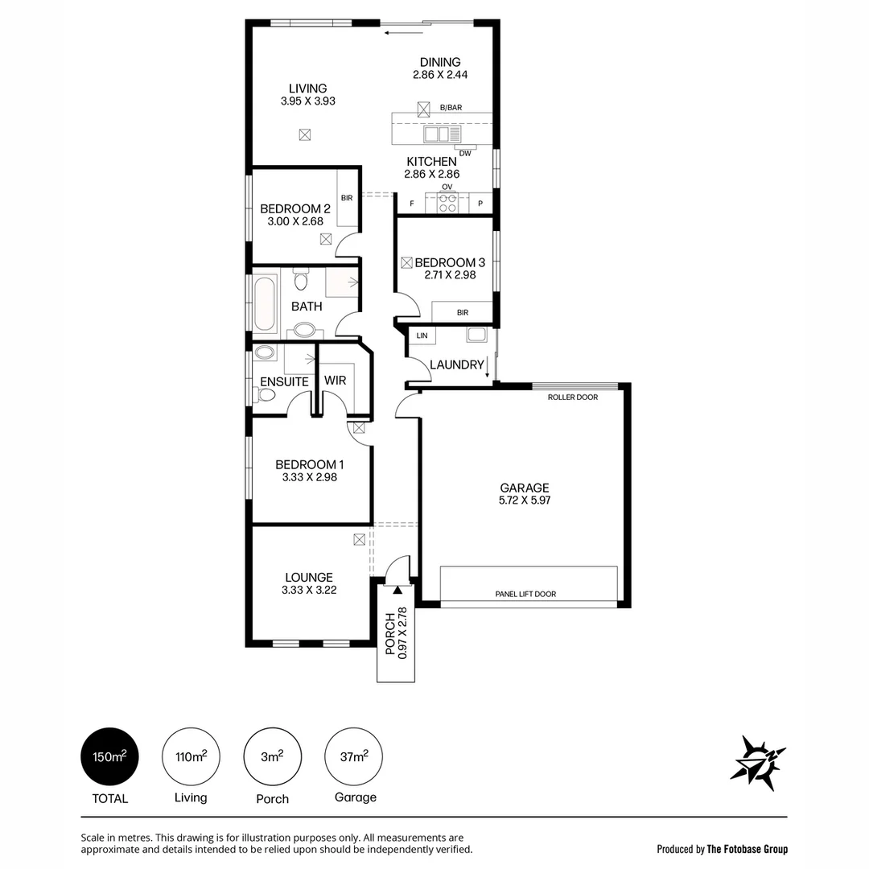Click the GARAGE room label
tap(524, 488)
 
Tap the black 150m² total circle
tap(110, 757)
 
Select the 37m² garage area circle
tap(354, 757)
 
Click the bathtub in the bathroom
tap(265, 304)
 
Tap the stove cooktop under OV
tap(447, 204)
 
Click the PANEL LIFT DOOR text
tap(525, 595)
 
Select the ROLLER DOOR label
tap(572, 397)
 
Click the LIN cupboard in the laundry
tap(422, 336)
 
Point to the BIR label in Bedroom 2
tap(347, 197)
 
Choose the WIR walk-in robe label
tap(335, 381)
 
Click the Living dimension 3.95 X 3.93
tap(307, 101)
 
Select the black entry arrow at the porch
tap(397, 590)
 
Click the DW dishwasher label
tap(465, 153)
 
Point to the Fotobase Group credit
tap(722, 849)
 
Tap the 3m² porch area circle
tap(273, 757)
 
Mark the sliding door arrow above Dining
tap(398, 33)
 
